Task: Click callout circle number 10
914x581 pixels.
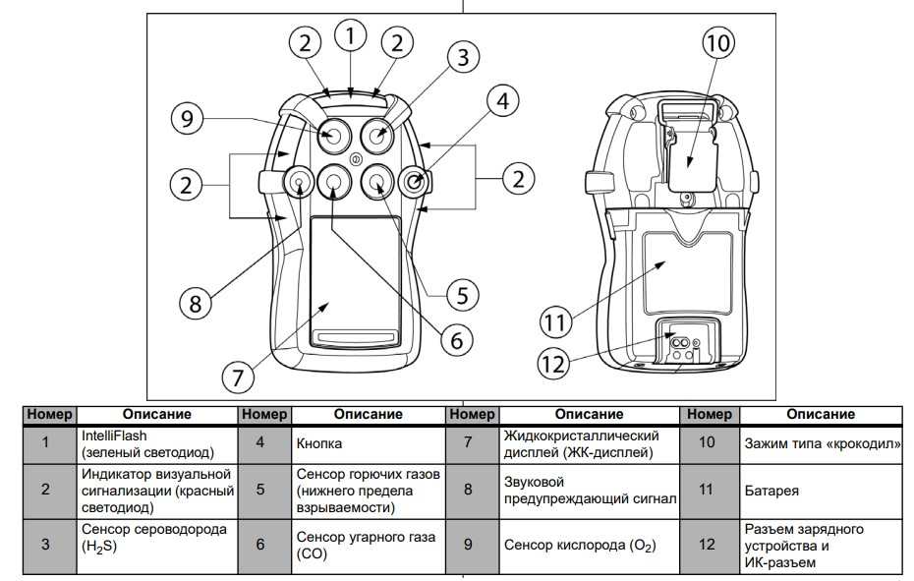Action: [x=717, y=42]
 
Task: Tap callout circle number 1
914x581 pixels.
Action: [x=350, y=36]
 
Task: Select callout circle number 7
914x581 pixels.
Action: [x=238, y=375]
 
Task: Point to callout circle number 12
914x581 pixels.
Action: [x=555, y=364]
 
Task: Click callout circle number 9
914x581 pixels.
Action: [x=188, y=119]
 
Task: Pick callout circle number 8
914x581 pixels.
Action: [x=197, y=303]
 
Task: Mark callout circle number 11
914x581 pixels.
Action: [x=557, y=321]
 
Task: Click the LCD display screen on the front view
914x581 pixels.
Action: [x=355, y=280]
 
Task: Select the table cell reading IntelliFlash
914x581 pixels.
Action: [x=154, y=442]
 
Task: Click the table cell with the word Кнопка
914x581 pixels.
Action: [x=369, y=442]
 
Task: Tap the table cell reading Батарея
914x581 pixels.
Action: [x=822, y=490]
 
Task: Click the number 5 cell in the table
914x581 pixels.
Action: [x=259, y=490]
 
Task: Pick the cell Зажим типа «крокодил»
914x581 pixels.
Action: [x=822, y=442]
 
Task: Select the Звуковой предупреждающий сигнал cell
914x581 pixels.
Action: [x=591, y=490]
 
